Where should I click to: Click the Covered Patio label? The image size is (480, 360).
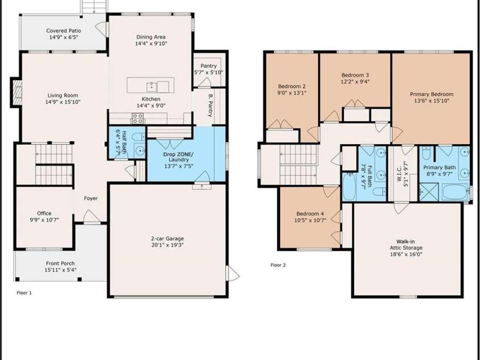tap(63, 31)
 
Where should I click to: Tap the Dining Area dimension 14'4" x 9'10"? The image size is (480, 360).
tap(151, 44)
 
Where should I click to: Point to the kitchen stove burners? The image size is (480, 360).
tap(138, 118)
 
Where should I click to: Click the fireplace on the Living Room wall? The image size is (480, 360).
tap(17, 89)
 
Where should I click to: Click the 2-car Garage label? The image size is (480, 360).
tap(167, 239)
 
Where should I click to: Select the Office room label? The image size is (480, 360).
tap(44, 214)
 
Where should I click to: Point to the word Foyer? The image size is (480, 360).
tap(91, 199)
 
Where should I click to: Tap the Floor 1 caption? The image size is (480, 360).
tap(24, 293)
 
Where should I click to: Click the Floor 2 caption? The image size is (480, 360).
tap(278, 265)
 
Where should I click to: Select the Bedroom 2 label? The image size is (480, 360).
tap(292, 87)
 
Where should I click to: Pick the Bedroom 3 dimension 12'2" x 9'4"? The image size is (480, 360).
tap(355, 81)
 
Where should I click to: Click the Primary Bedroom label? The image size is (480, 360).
tap(432, 95)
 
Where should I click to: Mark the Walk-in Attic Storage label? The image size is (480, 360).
tap(405, 245)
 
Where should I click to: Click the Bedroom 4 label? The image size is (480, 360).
tap(310, 214)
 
